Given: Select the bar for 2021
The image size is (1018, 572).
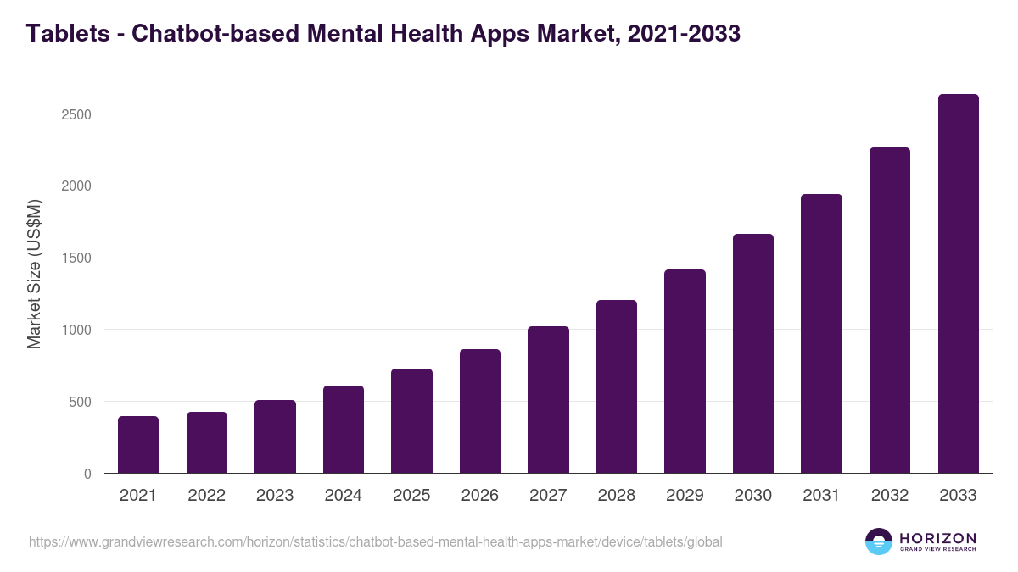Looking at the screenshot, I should pyautogui.click(x=138, y=445).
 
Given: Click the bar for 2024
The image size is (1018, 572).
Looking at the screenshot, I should pyautogui.click(x=344, y=430).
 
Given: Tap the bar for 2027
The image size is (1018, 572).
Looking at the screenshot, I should pyautogui.click(x=548, y=400).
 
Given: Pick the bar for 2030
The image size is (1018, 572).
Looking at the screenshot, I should pyautogui.click(x=753, y=353).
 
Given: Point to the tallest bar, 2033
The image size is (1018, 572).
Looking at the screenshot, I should pyautogui.click(x=958, y=284).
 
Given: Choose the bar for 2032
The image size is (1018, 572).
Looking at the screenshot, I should pyautogui.click(x=890, y=310).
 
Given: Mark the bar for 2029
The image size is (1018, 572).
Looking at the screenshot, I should pyautogui.click(x=685, y=371).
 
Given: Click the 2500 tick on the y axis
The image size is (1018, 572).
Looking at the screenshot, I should pyautogui.click(x=76, y=114).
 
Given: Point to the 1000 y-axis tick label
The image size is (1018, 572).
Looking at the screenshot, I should pyautogui.click(x=76, y=330).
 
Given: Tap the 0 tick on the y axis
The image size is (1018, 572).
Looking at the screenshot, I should pyautogui.click(x=87, y=475).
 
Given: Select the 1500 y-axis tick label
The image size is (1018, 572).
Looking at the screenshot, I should pyautogui.click(x=76, y=258).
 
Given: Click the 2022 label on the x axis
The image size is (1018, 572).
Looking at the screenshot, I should pyautogui.click(x=206, y=496).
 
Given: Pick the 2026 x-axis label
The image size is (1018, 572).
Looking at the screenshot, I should pyautogui.click(x=480, y=496).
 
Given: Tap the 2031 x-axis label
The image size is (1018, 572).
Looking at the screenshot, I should pyautogui.click(x=821, y=496).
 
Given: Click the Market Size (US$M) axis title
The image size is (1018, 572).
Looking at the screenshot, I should pyautogui.click(x=34, y=275).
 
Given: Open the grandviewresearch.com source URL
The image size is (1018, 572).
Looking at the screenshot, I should pyautogui.click(x=376, y=541).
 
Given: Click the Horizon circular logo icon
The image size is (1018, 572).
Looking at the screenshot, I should pyautogui.click(x=879, y=541).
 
